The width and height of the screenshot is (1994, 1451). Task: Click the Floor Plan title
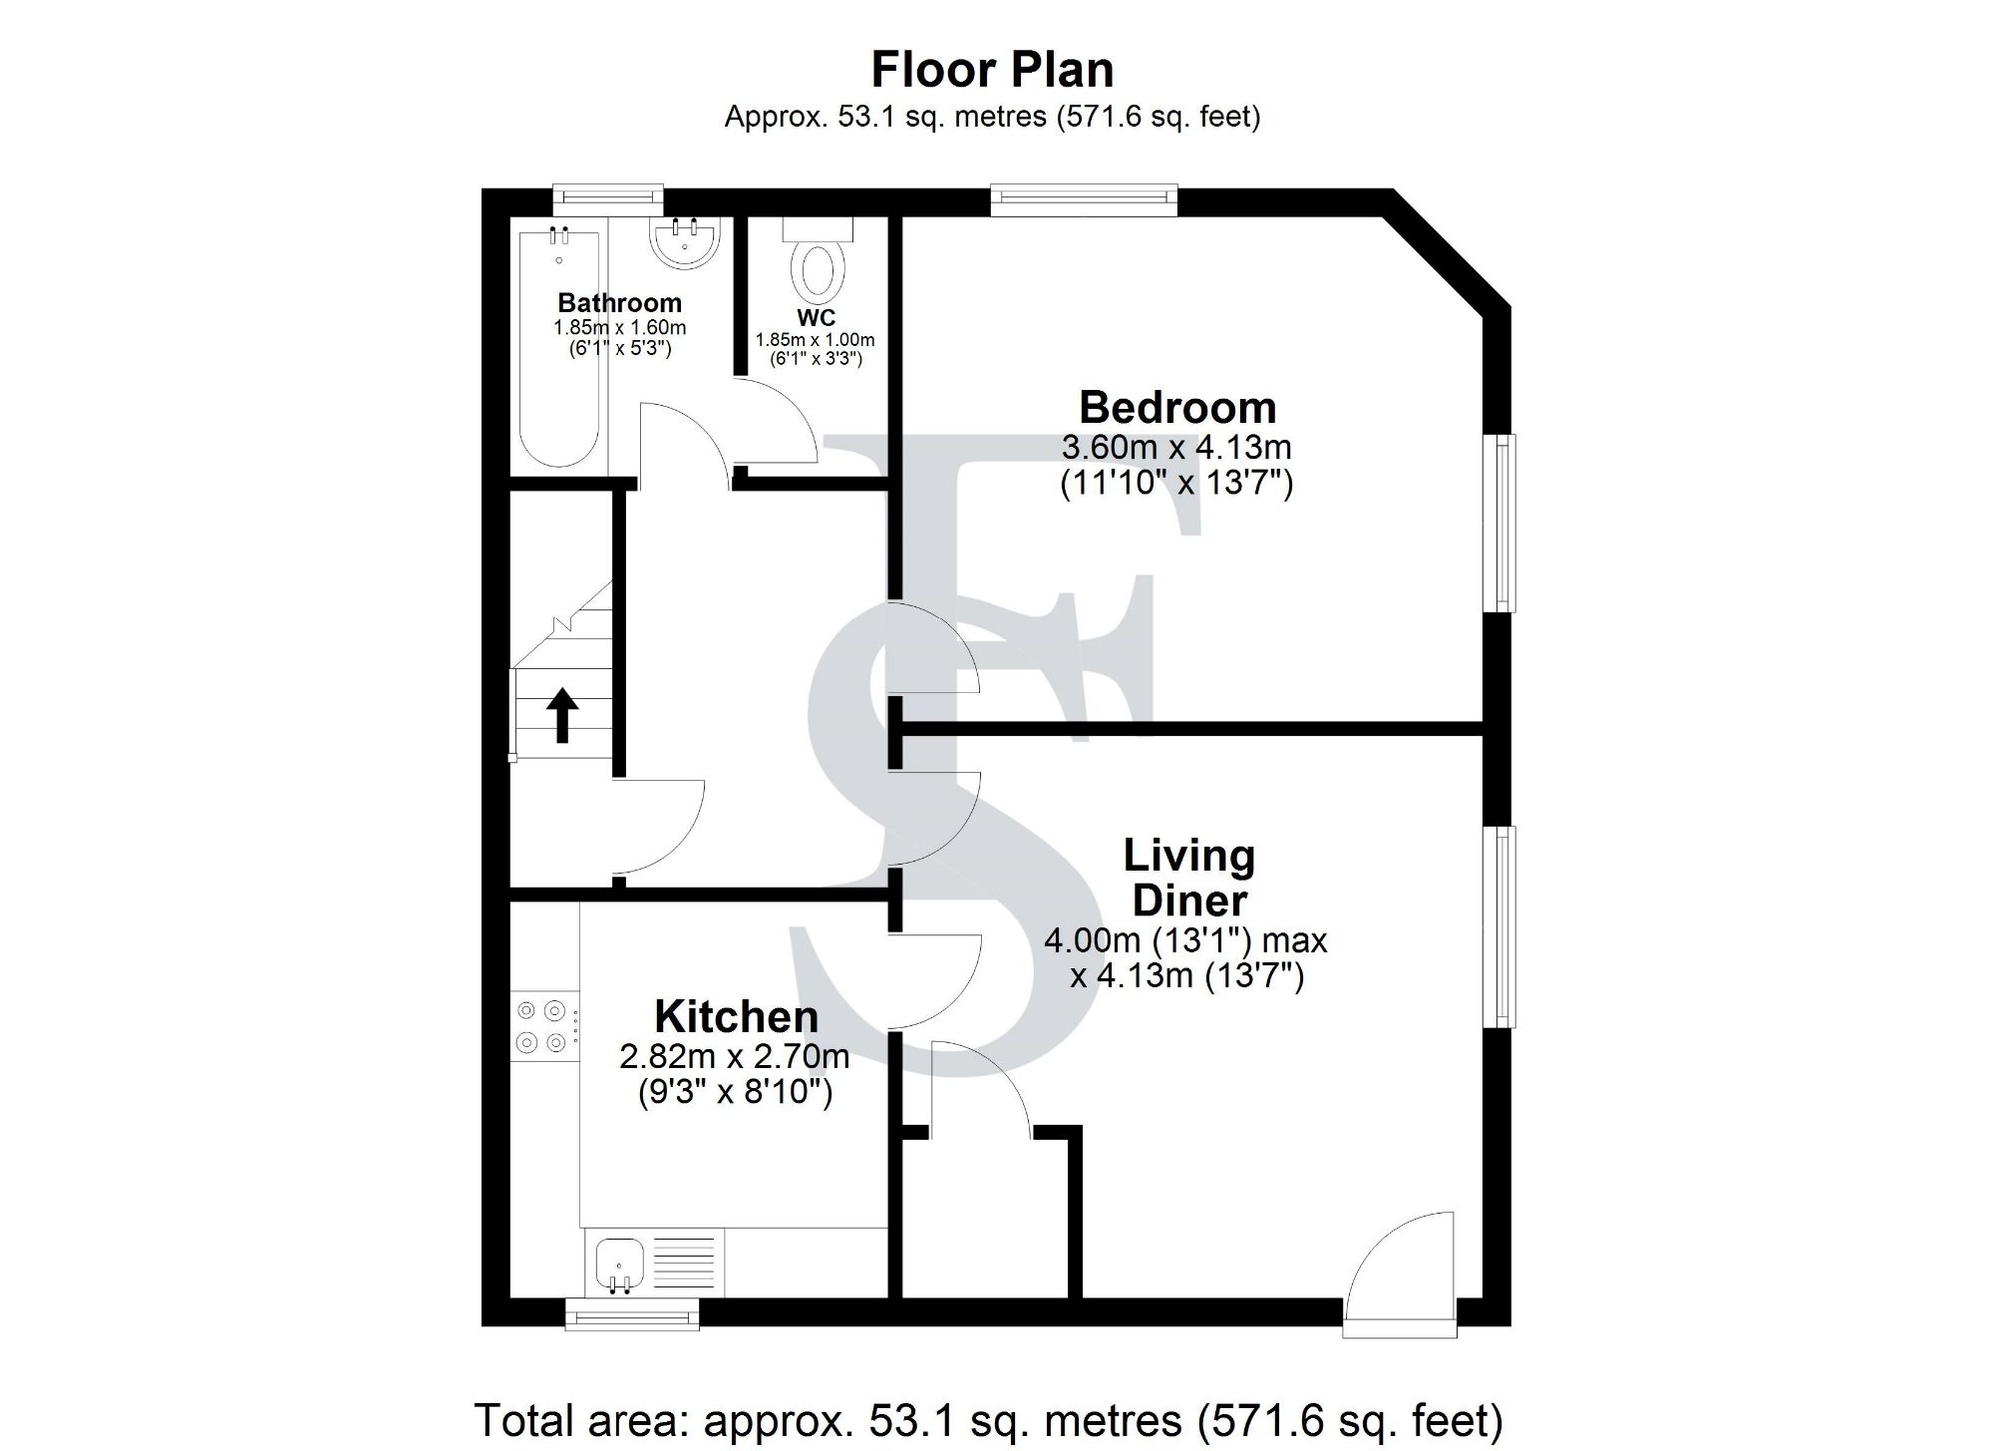coord(992,70)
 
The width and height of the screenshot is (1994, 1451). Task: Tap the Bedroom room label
coord(1177,408)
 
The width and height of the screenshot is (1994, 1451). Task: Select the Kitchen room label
coord(736,1017)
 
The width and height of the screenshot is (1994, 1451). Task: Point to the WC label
coord(816,318)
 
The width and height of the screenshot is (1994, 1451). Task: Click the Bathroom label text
coord(619,302)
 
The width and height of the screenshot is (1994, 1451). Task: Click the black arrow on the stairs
coord(562,714)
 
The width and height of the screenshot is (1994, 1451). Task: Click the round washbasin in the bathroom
coord(684,242)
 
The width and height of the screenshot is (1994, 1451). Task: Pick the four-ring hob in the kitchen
coord(542,1026)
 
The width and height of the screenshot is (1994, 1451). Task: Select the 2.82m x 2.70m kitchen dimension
coord(735,1055)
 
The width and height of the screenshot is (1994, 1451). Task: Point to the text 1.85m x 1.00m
coord(815,340)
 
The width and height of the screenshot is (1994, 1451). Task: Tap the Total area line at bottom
coord(987,1419)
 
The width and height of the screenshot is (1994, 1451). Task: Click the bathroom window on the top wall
coord(608,196)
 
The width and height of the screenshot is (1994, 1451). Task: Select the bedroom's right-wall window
coord(1503,523)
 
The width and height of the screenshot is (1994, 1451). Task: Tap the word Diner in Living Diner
coord(1189,901)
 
